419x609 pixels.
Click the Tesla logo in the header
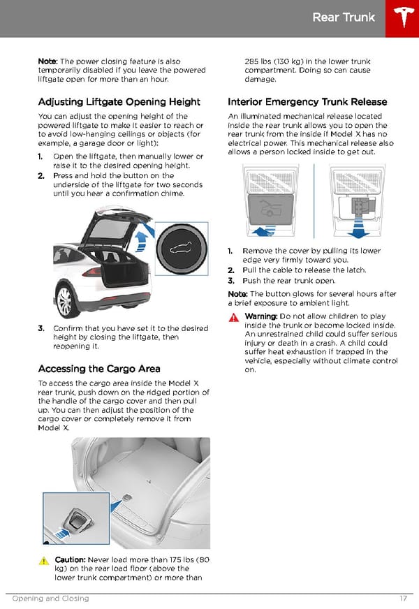[x=402, y=18]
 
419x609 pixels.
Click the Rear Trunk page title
[x=344, y=17]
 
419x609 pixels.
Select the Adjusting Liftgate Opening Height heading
[x=119, y=101]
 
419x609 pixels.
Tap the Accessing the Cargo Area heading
[x=99, y=368]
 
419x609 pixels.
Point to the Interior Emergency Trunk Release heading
[x=307, y=101]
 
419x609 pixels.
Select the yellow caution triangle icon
[x=43, y=561]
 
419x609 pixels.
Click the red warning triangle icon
[x=233, y=317]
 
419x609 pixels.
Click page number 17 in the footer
[x=404, y=599]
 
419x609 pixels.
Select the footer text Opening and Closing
[x=50, y=599]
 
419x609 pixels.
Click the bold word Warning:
[x=260, y=316]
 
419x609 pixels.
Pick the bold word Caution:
[x=70, y=560]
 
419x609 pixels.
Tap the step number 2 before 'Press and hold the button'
[x=41, y=176]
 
